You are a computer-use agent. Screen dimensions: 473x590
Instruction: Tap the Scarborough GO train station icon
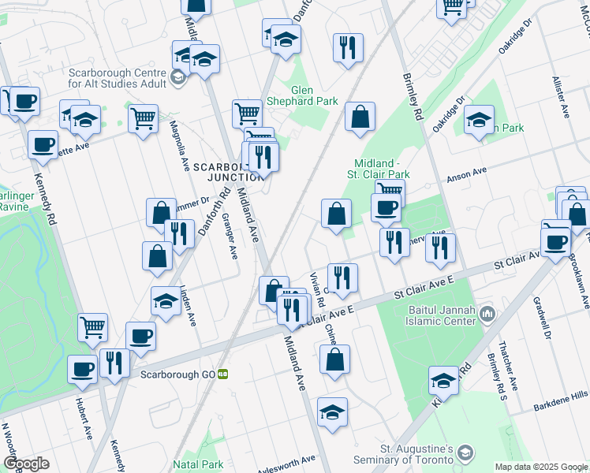223,374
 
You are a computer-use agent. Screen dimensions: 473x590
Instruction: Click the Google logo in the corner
26,464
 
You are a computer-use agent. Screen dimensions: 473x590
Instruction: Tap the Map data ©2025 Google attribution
540,467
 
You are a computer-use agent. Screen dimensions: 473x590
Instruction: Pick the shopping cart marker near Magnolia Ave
143,119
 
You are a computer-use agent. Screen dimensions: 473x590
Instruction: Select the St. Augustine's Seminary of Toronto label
416,454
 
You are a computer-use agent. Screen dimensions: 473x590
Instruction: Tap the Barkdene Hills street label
560,396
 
